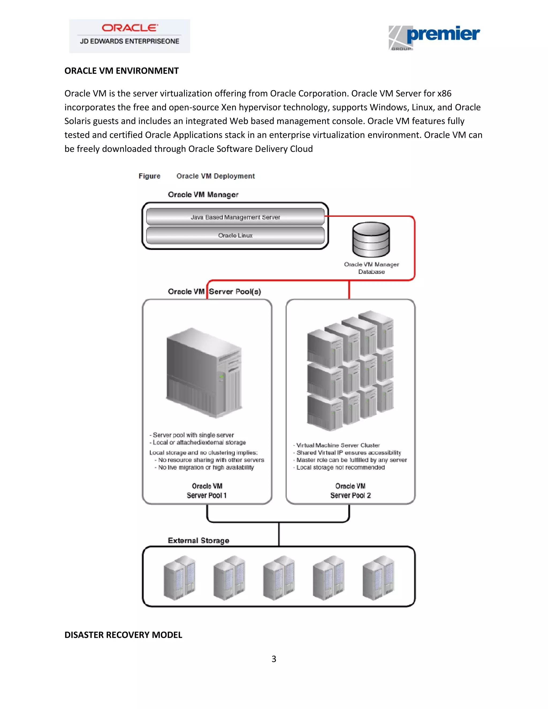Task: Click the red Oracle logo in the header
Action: (x=130, y=28)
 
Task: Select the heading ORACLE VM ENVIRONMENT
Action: (x=121, y=71)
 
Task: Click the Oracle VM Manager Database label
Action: (x=371, y=268)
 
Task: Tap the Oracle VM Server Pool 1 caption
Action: (x=207, y=490)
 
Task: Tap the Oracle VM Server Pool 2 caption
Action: (x=350, y=490)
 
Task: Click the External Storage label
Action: (x=198, y=540)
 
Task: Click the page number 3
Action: (x=274, y=659)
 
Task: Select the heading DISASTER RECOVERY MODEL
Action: (x=123, y=635)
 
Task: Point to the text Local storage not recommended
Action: (x=341, y=467)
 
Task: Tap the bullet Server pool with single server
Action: (x=193, y=435)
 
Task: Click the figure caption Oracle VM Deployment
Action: (x=216, y=176)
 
